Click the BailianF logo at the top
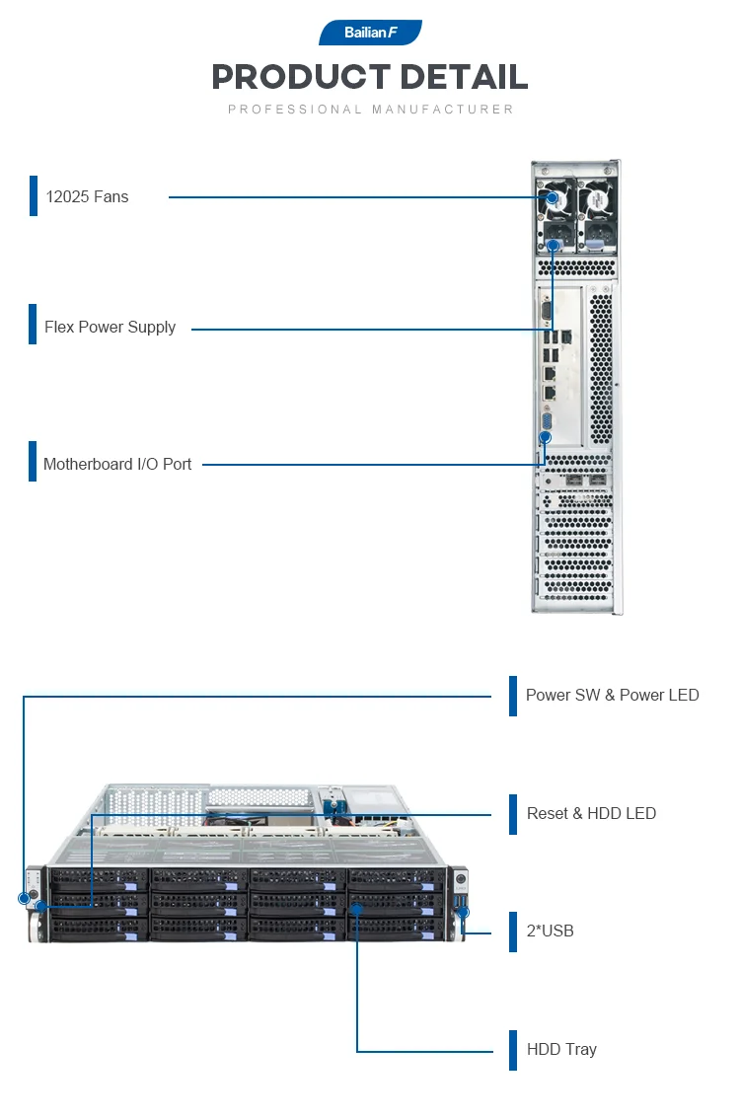(370, 33)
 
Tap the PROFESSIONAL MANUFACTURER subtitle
(371, 110)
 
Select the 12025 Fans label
(87, 196)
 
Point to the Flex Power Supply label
(110, 327)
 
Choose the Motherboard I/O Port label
(117, 464)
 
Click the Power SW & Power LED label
(612, 695)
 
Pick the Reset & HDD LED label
(591, 813)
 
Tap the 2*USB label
(550, 931)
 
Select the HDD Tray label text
(561, 1049)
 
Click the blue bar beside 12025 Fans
(33, 195)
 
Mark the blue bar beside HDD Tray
(513, 1050)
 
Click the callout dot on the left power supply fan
(553, 198)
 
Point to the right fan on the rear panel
(596, 200)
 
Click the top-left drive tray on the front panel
(99, 878)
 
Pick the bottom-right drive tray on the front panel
(395, 927)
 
